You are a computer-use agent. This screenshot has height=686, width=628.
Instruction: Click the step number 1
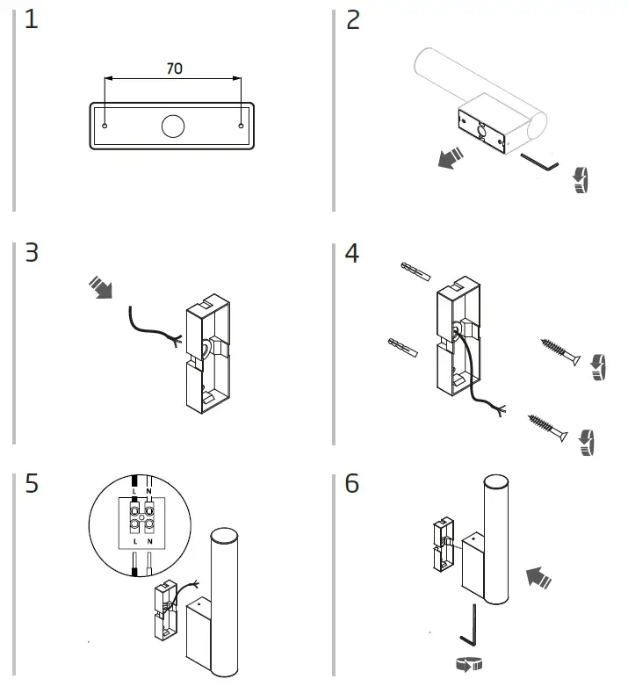(x=32, y=20)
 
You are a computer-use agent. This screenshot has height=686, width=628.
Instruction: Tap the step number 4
(x=352, y=254)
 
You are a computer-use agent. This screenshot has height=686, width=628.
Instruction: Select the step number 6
(x=352, y=484)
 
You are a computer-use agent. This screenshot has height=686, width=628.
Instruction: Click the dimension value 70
(x=174, y=69)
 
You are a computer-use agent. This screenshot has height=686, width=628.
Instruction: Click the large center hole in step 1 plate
(x=173, y=126)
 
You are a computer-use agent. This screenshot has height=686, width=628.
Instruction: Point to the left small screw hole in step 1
(x=105, y=126)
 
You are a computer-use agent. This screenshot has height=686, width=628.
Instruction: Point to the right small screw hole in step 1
(x=241, y=126)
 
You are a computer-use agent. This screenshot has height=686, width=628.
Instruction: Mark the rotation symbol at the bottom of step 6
(x=472, y=666)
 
